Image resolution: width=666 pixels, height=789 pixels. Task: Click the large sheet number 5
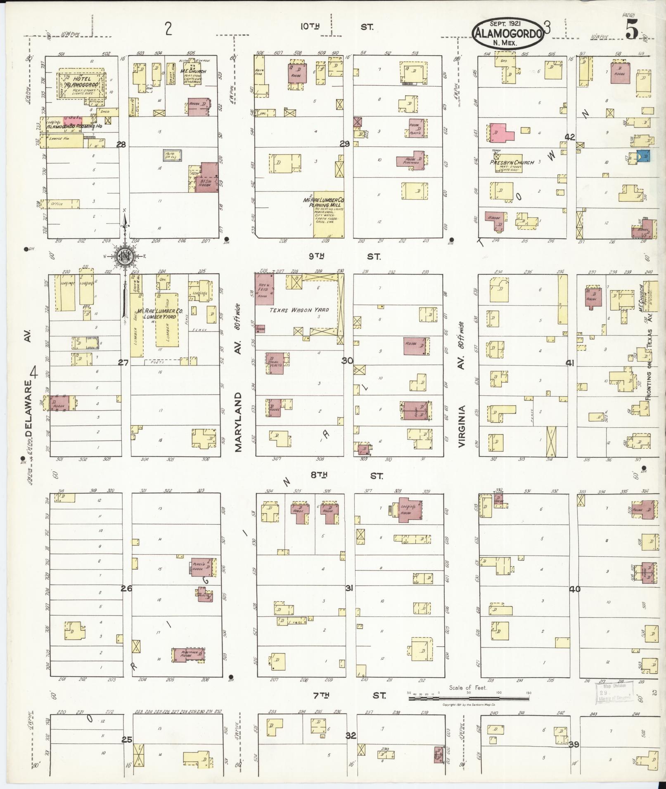[x=632, y=30]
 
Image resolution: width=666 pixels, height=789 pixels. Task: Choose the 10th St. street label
[x=337, y=27]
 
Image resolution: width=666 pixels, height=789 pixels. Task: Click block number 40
[x=575, y=589]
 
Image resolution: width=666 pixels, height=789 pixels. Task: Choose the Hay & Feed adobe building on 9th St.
[x=264, y=290]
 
